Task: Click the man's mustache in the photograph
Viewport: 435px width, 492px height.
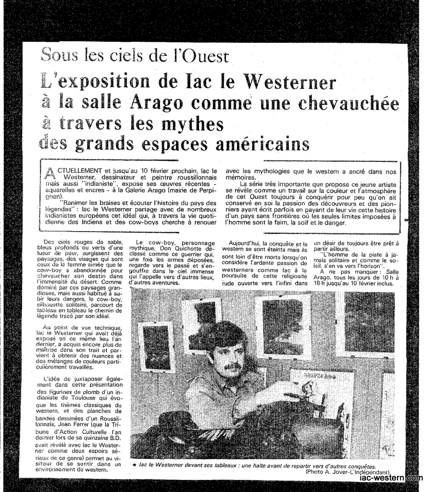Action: point(232,367)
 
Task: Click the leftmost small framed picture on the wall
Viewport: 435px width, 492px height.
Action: point(157,346)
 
